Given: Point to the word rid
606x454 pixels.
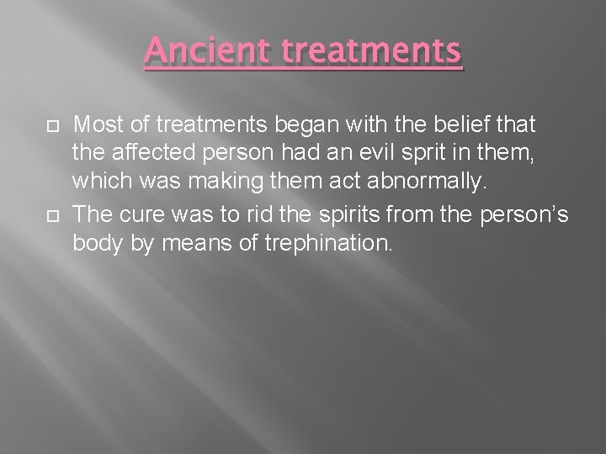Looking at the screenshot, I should pyautogui.click(x=263, y=215).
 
